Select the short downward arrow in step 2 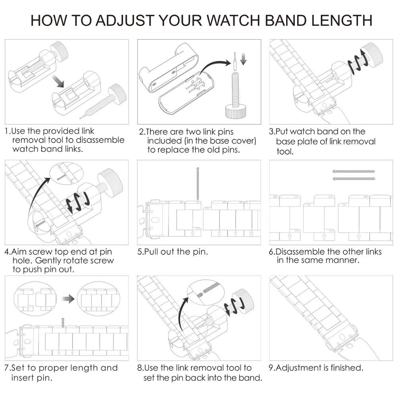(244, 59)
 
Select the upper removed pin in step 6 (354, 172)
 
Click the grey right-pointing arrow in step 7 (68, 299)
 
